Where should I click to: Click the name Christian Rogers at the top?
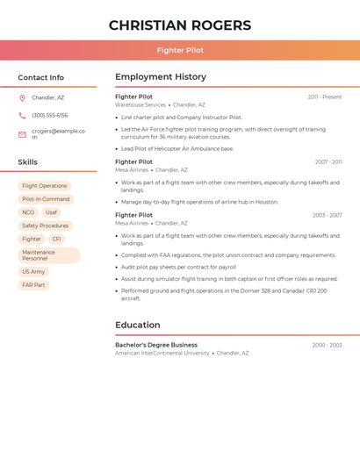[x=180, y=25]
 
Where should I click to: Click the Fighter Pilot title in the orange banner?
[x=180, y=50]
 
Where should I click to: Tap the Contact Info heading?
[x=40, y=77]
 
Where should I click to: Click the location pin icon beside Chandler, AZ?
[x=22, y=98]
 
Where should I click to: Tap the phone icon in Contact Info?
[x=22, y=116]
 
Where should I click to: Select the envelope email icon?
[x=22, y=134]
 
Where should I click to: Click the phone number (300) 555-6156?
[x=49, y=116]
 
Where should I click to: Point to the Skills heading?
[x=28, y=162]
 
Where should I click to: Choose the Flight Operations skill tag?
[x=44, y=186]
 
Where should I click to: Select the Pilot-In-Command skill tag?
[x=46, y=199]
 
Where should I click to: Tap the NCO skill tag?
[x=28, y=212]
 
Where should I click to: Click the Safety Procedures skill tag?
[x=45, y=225]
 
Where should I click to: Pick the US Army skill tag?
[x=33, y=272]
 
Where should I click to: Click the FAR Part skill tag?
[x=33, y=285]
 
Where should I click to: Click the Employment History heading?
[x=161, y=77]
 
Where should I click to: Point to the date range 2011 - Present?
[x=324, y=97]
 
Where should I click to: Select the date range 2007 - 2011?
[x=328, y=162]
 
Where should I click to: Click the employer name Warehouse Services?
[x=140, y=104]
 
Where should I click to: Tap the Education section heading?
[x=138, y=325]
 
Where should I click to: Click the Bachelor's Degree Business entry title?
[x=156, y=345]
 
